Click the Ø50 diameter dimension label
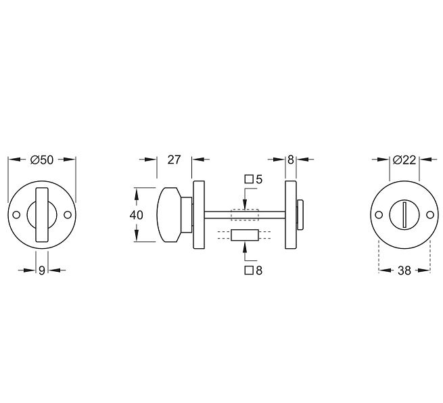[42, 160]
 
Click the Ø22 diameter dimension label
[404, 160]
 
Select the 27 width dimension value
[174, 160]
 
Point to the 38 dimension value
[404, 270]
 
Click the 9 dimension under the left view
[41, 270]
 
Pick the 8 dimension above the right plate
[291, 160]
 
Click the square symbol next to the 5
[248, 179]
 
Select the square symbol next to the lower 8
[248, 270]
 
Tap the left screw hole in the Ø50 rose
[16, 215]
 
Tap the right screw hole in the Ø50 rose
[67, 215]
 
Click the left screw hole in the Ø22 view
[379, 215]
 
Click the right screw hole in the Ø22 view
[429, 215]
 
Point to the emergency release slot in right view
[404, 215]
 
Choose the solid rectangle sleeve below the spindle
[244, 235]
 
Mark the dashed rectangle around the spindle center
[244, 215]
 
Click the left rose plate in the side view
[199, 215]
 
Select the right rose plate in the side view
[291, 215]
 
